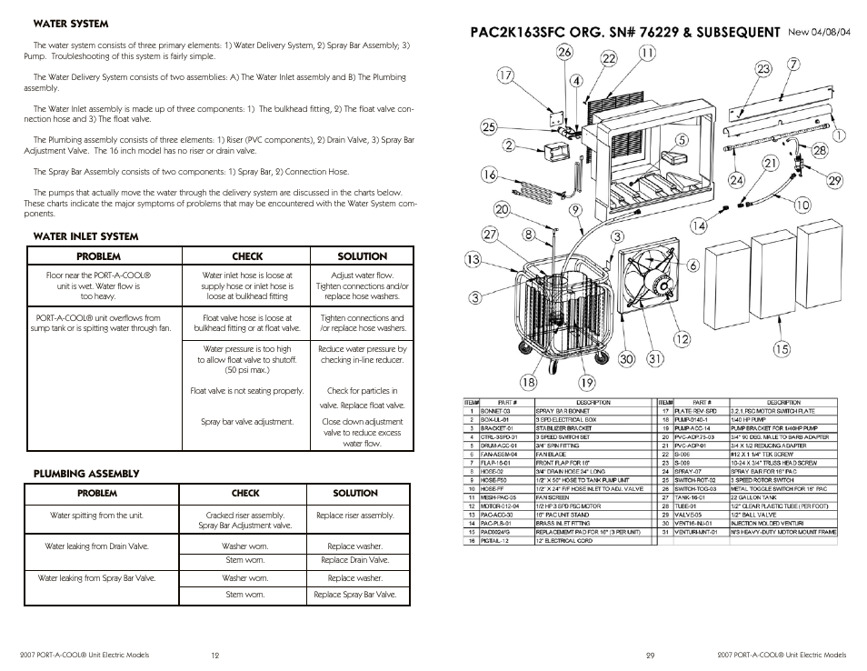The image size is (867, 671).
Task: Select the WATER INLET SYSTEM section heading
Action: tap(85, 236)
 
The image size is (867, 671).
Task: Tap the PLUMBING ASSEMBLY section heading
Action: tap(86, 474)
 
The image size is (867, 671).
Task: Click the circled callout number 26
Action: tap(563, 53)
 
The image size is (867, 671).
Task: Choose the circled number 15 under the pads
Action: tap(781, 348)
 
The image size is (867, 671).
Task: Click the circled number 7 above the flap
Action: tap(793, 65)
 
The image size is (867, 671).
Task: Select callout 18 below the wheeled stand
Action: tap(527, 383)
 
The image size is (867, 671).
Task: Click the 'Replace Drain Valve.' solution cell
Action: tap(354, 560)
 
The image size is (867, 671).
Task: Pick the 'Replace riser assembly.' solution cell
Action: tap(354, 516)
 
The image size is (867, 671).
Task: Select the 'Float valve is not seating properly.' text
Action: tap(247, 391)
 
